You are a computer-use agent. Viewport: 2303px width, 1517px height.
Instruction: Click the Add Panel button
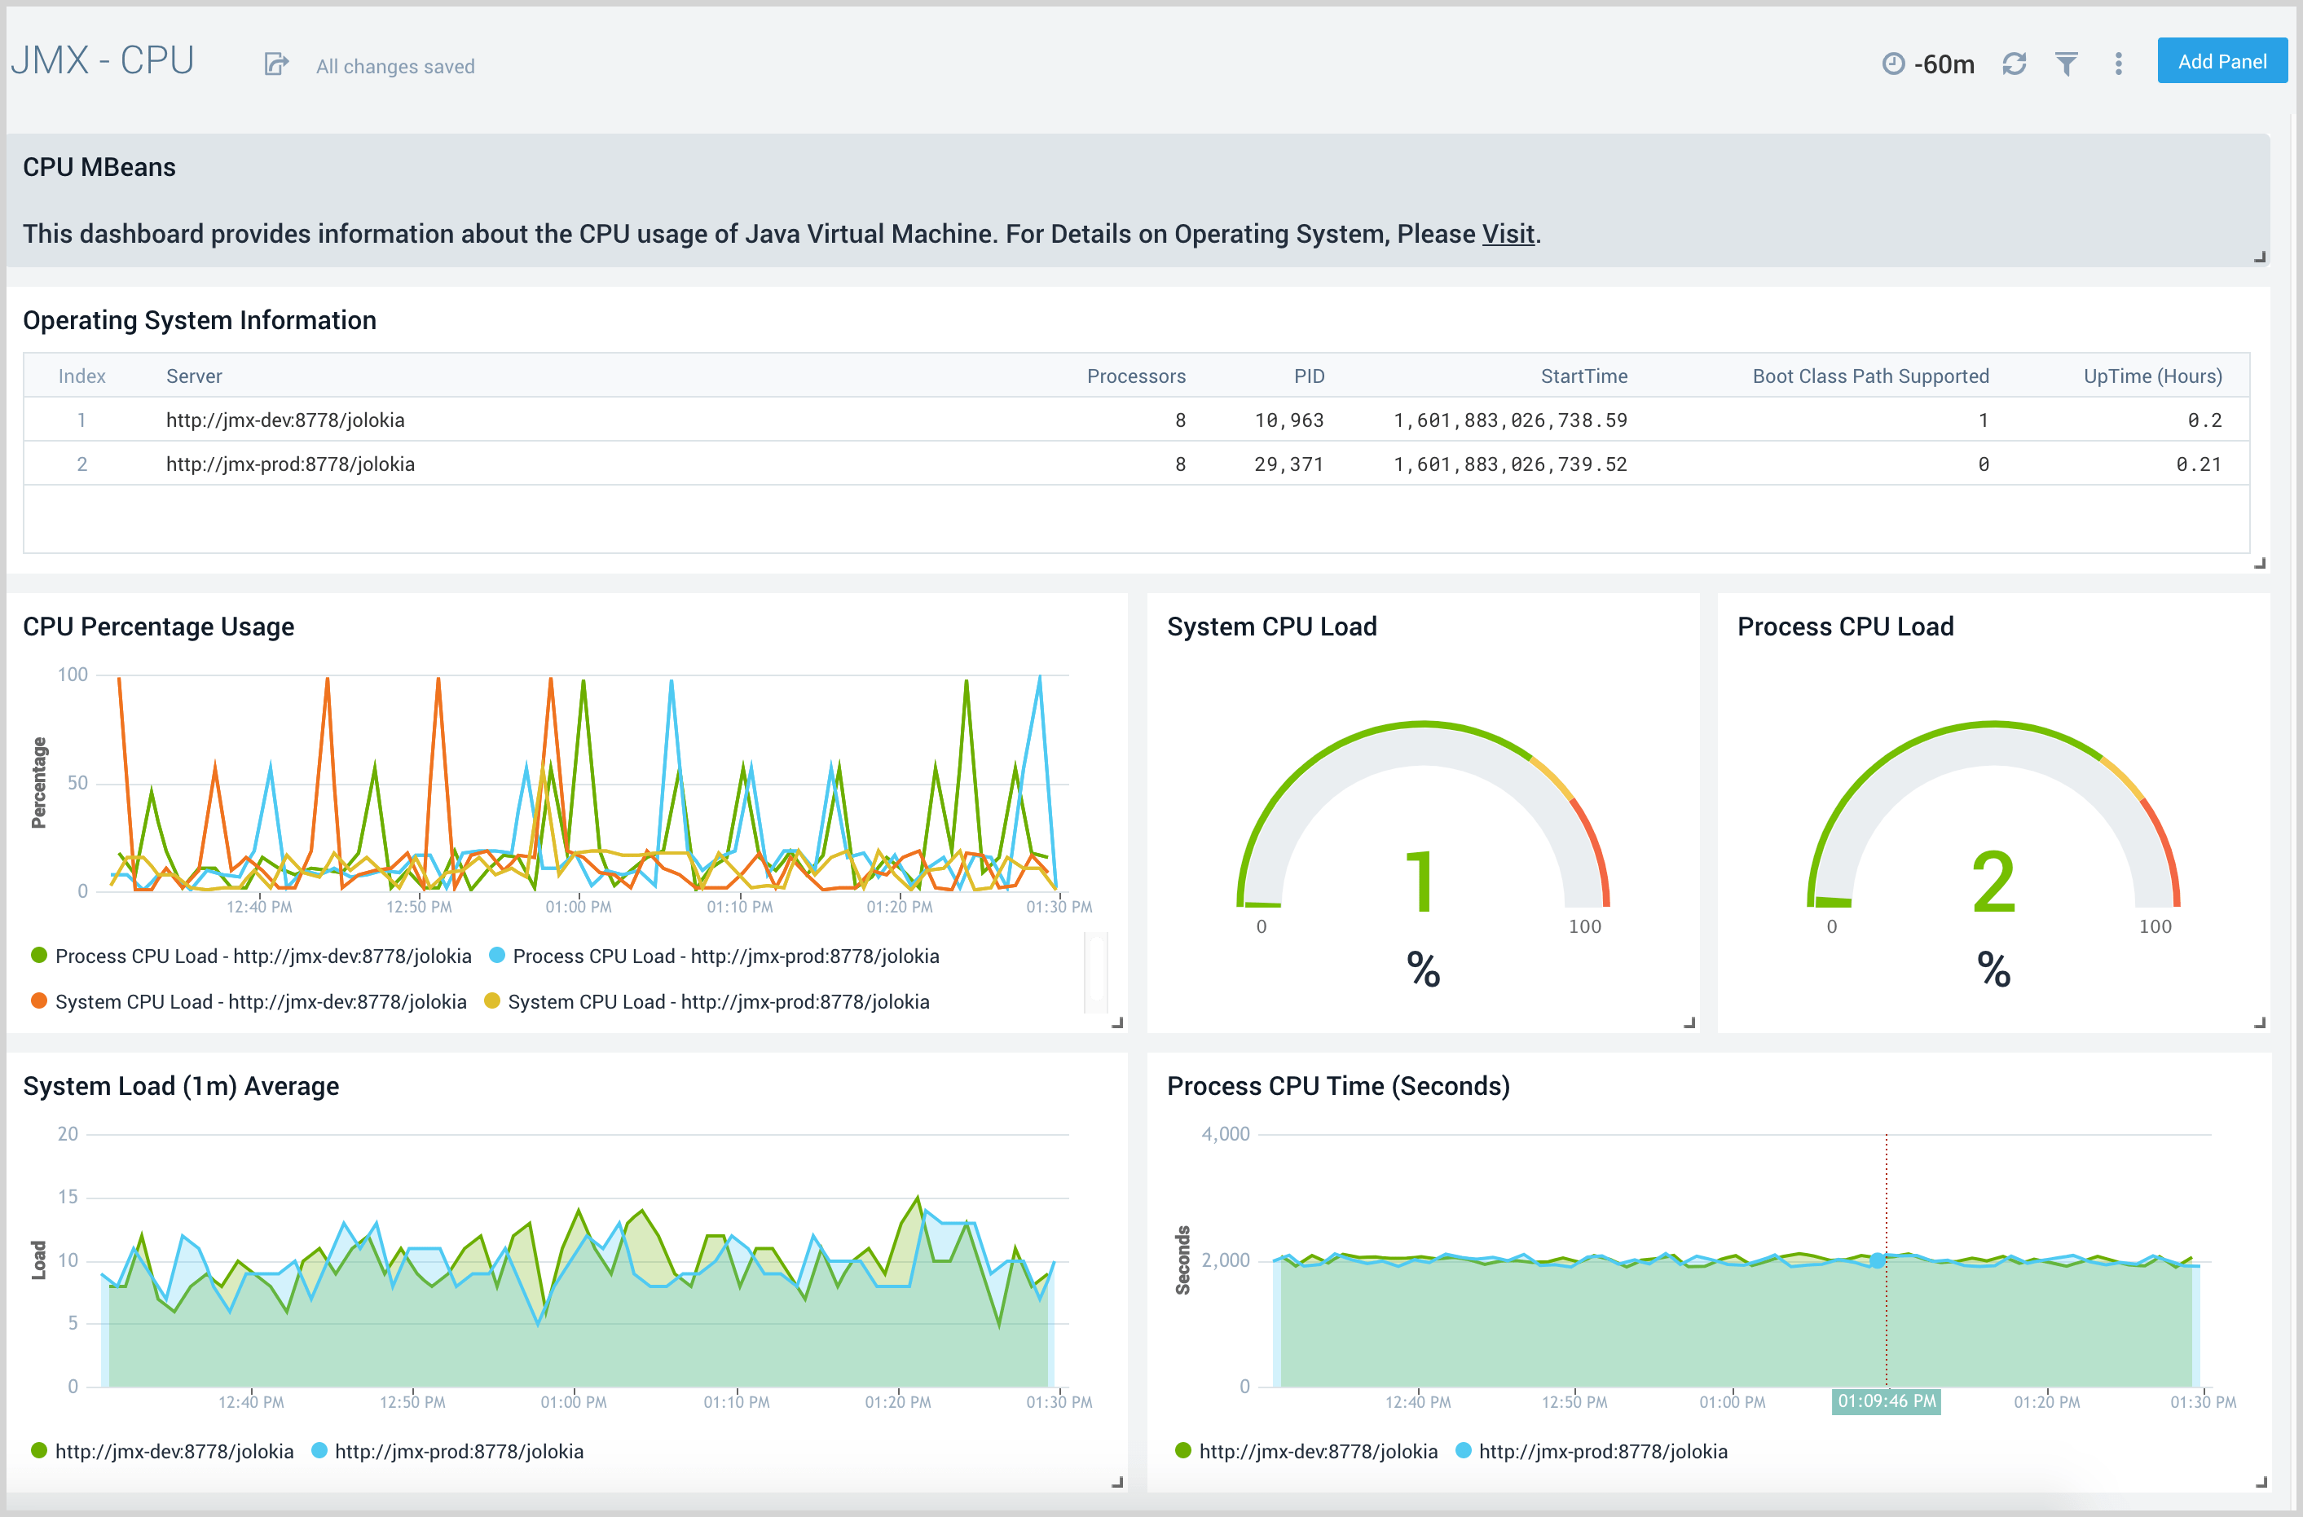coord(2221,62)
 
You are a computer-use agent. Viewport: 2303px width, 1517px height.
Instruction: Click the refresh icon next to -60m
coord(2014,64)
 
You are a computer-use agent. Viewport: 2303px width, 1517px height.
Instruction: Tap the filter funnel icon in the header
coord(2066,64)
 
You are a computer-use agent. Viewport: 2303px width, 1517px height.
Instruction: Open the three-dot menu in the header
coord(2118,64)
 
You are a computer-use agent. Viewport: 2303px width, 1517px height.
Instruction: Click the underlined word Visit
coord(1508,234)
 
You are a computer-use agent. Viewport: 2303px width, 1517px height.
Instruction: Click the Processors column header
coord(1135,376)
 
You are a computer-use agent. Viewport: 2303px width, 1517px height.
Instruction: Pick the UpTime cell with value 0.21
coord(2198,464)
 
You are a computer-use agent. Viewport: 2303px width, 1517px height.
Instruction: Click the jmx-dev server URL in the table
coord(285,420)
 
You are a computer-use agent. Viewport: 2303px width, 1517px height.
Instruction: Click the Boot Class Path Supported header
coord(1869,376)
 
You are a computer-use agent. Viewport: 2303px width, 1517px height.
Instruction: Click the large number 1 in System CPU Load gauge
coord(1420,882)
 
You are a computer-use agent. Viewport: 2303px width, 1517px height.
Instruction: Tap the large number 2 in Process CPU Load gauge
coord(1993,882)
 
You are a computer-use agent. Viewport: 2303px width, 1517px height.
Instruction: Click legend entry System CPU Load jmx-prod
coord(717,1002)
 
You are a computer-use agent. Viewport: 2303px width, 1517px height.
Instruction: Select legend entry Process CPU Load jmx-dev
coord(262,956)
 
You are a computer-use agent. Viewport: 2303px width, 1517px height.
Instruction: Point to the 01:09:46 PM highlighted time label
coord(1886,1401)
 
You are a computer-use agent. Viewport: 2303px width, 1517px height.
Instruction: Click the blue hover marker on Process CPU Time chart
coord(1878,1260)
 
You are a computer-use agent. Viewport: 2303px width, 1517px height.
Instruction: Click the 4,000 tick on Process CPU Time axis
coord(1225,1134)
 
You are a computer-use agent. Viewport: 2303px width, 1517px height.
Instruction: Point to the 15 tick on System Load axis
coord(68,1197)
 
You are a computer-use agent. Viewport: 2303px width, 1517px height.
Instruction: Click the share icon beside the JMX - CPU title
coord(275,65)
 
